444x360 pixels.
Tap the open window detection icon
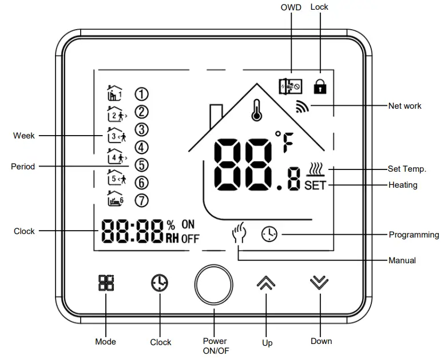pos(289,86)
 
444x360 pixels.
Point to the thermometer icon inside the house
pos(256,109)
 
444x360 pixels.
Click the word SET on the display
pos(315,185)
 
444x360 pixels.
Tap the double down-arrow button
pos(319,283)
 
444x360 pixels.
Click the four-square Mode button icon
pos(106,283)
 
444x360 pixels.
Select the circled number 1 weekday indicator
pos(141,94)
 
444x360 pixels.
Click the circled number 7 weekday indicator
pos(141,200)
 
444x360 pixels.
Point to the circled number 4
pos(141,147)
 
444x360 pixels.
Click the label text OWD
pos(291,7)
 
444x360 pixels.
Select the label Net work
pos(405,106)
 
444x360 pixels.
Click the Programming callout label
pos(414,235)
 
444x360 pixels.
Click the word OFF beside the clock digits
pos(191,239)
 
